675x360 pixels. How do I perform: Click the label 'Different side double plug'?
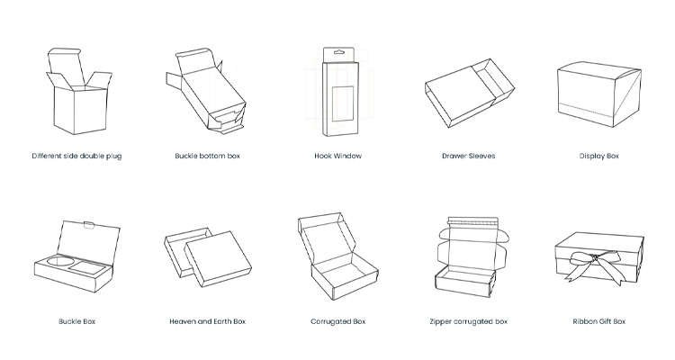(76, 156)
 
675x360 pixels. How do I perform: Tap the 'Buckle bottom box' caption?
(208, 156)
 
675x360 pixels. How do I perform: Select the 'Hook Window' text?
(337, 156)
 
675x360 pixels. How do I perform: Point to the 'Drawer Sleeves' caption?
(468, 156)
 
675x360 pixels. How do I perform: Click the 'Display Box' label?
(598, 156)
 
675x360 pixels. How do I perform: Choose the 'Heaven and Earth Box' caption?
(208, 321)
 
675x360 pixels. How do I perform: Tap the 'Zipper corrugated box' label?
(468, 321)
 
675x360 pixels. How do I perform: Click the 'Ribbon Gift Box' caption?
(598, 321)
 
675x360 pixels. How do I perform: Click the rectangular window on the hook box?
(343, 103)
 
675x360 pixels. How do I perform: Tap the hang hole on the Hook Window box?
(339, 52)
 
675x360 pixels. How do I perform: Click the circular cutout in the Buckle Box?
(57, 262)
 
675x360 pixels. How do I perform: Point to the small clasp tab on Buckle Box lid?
(89, 225)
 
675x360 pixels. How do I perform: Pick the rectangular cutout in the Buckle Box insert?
(88, 268)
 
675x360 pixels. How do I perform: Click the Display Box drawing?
(599, 94)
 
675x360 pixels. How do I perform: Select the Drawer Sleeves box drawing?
(470, 93)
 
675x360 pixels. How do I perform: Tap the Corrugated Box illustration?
(337, 256)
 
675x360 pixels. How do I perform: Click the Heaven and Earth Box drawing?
(208, 257)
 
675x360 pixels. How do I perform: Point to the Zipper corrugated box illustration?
(472, 257)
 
